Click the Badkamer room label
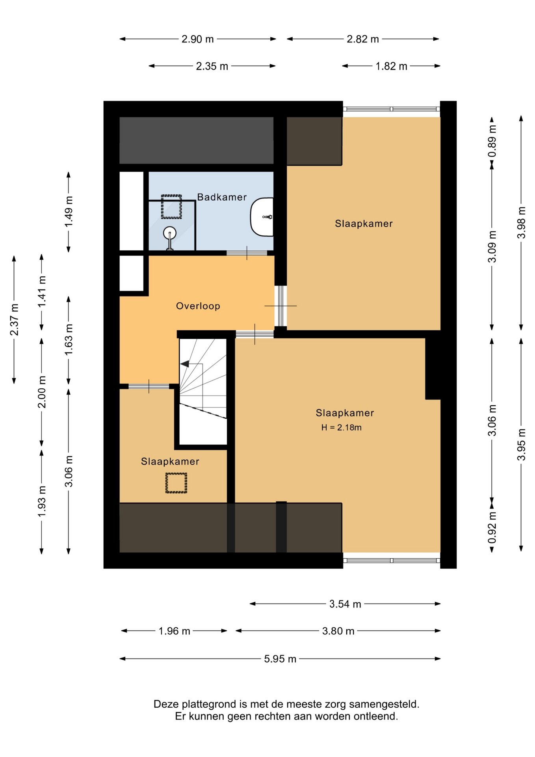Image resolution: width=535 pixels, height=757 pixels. coord(222,197)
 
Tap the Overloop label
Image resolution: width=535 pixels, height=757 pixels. coord(198,306)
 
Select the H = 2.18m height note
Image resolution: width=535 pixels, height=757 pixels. coord(341,427)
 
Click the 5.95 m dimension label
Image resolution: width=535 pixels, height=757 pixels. coord(280,659)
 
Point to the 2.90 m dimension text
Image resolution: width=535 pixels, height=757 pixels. coord(197,39)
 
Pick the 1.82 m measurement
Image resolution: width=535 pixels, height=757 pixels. coord(391,66)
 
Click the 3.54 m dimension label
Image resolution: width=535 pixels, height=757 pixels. coord(345,604)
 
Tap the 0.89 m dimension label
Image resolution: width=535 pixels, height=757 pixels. coord(492,141)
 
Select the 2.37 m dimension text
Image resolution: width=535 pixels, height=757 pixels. coord(14,320)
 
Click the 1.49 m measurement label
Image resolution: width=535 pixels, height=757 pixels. coord(69,212)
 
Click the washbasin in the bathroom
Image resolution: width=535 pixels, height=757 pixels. coord(262,217)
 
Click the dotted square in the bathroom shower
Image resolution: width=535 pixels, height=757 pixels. coord(171,207)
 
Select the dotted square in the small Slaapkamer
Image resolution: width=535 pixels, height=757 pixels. coord(176,483)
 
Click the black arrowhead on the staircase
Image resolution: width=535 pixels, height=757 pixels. coord(184,364)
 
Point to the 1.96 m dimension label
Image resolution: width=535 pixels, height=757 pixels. coord(174,631)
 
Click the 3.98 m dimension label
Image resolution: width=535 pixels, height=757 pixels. coord(521,223)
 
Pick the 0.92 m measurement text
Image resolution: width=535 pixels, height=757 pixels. coord(492,528)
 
